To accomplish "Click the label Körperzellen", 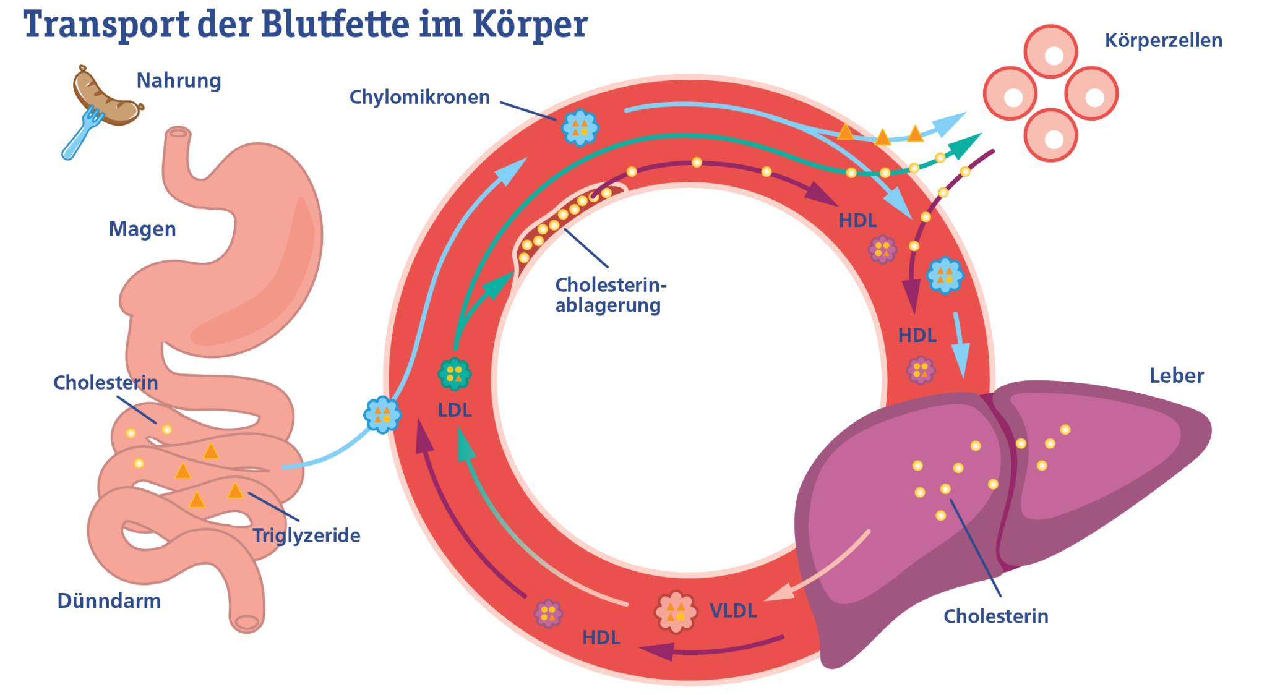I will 1163,41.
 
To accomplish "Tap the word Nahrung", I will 179,81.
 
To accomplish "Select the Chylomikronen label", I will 419,98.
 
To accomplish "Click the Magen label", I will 142,229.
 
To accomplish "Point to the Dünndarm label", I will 109,601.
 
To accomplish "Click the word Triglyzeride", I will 306,535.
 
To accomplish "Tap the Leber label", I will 1176,376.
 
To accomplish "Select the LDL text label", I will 455,411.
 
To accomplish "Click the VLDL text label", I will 733,611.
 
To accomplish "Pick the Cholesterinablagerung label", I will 610,295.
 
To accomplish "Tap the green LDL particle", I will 455,373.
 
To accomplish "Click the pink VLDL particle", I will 676,612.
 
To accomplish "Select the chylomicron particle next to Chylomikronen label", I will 580,128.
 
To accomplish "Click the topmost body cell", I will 1050,52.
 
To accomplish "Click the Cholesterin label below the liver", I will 995,616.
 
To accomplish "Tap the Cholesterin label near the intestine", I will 106,383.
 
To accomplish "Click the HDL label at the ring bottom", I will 601,638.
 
